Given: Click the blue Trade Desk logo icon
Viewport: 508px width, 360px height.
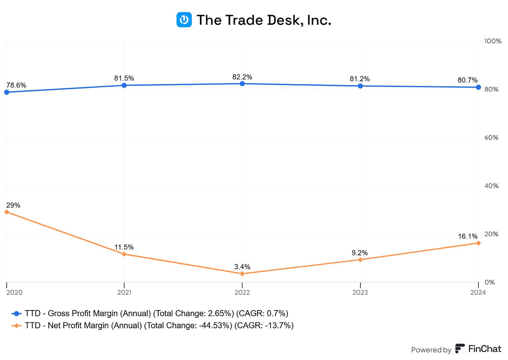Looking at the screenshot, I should click(x=184, y=20).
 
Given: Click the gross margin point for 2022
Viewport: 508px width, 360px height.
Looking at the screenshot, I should click(x=242, y=84).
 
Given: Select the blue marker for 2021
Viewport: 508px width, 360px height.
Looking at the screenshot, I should click(x=124, y=85).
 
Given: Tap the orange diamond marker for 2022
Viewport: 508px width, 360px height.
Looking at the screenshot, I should click(x=242, y=274).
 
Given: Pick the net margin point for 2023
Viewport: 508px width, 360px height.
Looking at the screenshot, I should click(x=360, y=260).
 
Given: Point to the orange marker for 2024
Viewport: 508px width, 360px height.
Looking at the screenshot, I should click(x=478, y=243).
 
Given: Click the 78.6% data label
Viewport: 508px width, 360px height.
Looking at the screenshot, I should click(x=16, y=85).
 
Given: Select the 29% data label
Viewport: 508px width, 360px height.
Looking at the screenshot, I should click(x=13, y=205).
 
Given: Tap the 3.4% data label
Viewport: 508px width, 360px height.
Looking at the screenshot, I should click(x=242, y=267).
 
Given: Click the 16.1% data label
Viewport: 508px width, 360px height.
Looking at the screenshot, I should click(x=468, y=237).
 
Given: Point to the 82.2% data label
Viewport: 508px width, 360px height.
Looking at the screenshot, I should click(x=242, y=77).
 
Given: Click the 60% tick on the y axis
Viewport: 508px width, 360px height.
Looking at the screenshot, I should click(x=491, y=137).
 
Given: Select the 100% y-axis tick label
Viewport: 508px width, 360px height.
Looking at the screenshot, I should click(x=493, y=41).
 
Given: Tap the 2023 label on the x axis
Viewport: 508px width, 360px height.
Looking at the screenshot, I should click(x=360, y=292).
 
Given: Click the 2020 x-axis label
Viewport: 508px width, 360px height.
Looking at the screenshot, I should click(x=14, y=292).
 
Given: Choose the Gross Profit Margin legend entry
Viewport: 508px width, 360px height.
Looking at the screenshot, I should click(x=150, y=313).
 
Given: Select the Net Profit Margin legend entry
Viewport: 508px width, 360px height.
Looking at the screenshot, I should click(x=153, y=325).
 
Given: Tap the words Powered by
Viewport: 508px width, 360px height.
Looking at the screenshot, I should click(x=431, y=350).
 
